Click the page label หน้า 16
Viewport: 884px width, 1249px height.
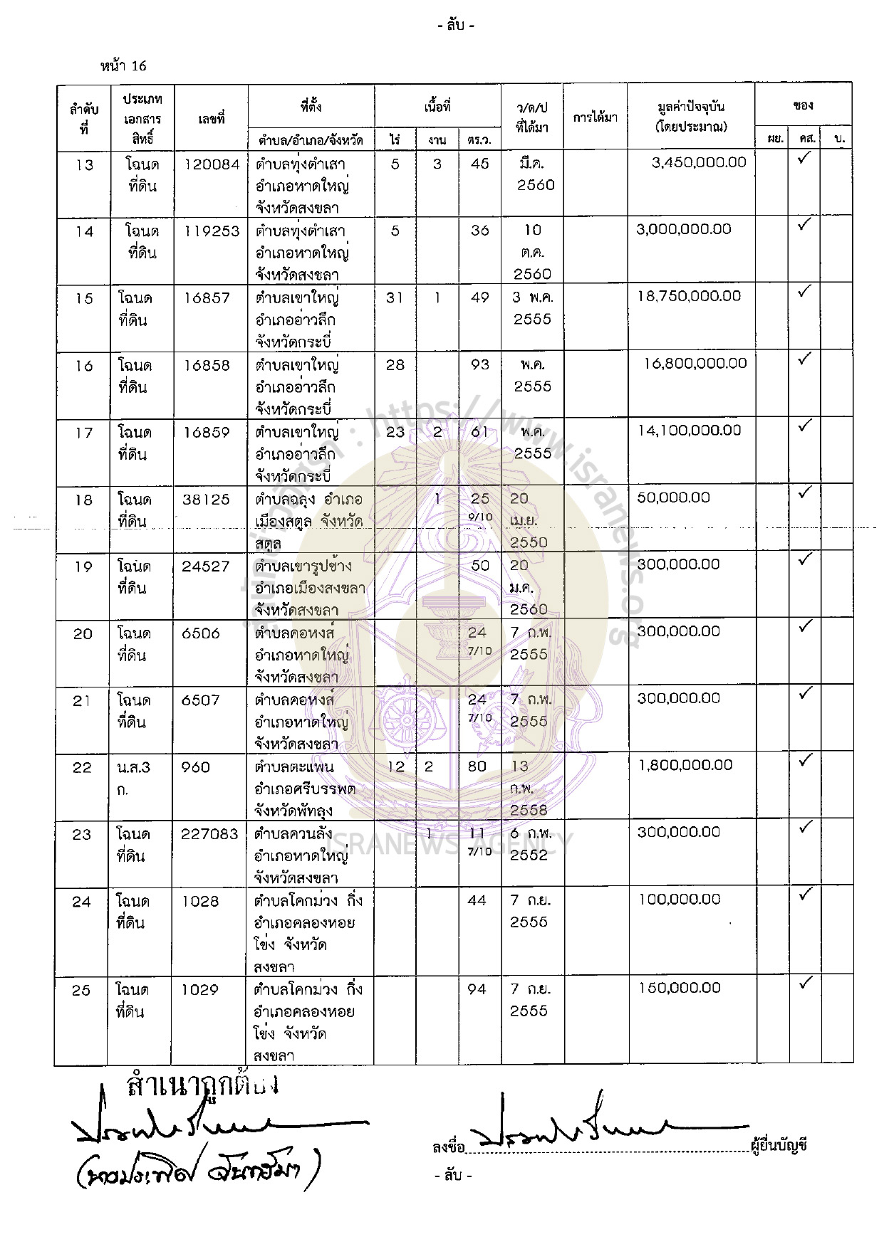[x=123, y=66]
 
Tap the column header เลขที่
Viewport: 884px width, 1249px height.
[x=212, y=119]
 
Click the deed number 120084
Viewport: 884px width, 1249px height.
[x=212, y=164]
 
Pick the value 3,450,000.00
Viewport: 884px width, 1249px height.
[x=699, y=162]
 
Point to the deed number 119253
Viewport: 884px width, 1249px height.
[x=212, y=231]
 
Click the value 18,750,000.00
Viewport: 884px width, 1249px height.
[x=689, y=296]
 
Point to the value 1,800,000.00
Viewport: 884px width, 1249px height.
[x=685, y=765]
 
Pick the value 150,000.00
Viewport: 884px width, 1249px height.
[x=680, y=988]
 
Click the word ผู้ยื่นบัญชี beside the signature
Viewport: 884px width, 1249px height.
[x=779, y=1147]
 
